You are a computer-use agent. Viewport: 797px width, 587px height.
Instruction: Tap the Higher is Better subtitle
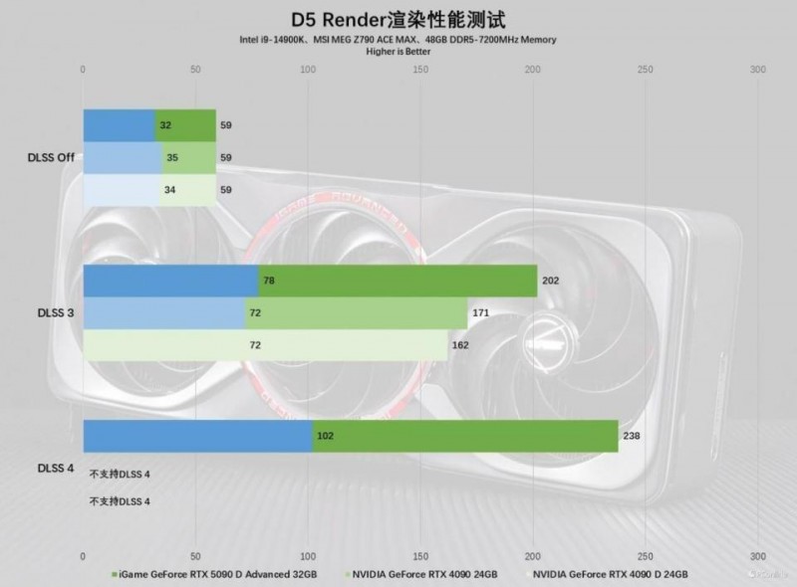pyautogui.click(x=398, y=50)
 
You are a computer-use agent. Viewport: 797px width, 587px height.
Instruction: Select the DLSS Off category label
pyautogui.click(x=50, y=157)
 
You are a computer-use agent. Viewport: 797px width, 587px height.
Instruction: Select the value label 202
pyautogui.click(x=551, y=282)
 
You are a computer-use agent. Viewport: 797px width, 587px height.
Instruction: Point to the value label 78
pyautogui.click(x=269, y=282)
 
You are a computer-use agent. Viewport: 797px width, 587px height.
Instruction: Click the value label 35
pyautogui.click(x=172, y=157)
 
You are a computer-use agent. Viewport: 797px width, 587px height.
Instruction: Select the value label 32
pyautogui.click(x=165, y=126)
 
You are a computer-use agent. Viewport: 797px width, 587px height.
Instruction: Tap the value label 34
pyautogui.click(x=170, y=188)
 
